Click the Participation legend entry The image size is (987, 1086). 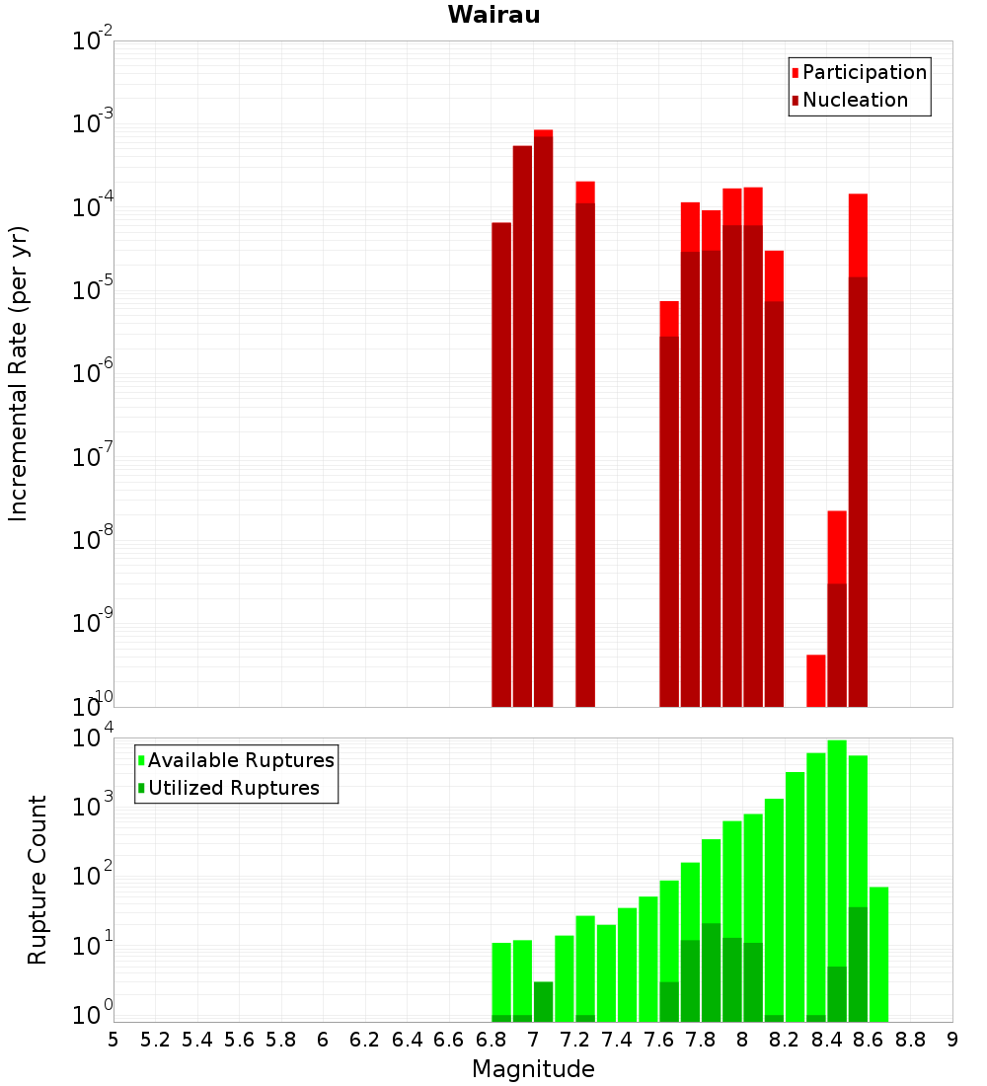coord(865,72)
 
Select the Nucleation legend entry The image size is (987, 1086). coord(855,100)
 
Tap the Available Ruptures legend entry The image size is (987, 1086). coord(241,760)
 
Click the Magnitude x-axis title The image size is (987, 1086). coord(533,1069)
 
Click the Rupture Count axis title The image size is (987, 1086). coord(38,880)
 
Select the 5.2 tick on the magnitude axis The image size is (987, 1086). coord(155,1040)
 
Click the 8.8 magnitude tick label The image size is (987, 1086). coord(911,1040)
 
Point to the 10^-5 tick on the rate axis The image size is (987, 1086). coord(93,290)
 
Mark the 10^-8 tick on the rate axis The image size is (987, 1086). coord(93,540)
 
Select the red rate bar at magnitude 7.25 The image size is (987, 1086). coord(585,444)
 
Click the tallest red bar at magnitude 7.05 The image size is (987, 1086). coord(543,415)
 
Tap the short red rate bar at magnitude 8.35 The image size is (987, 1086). coord(816,680)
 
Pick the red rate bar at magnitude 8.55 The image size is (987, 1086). coord(858,444)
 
